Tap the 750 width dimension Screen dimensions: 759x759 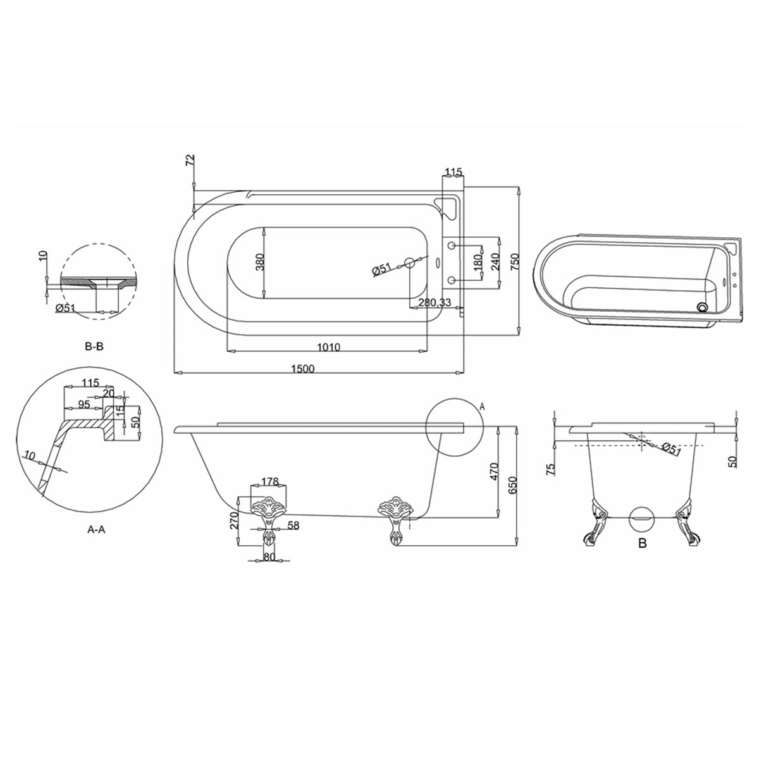coord(515,260)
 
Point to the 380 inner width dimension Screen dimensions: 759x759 coord(258,261)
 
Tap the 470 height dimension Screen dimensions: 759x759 coord(495,472)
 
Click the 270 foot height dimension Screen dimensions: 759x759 coord(234,520)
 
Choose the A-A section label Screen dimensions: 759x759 coord(96,530)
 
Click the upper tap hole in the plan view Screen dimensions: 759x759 coord(452,244)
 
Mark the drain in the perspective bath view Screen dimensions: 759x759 coord(701,307)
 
